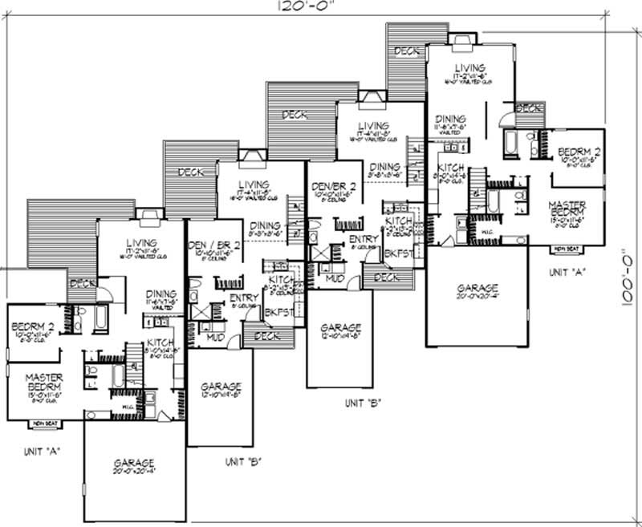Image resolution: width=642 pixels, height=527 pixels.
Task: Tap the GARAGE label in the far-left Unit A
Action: coord(133,464)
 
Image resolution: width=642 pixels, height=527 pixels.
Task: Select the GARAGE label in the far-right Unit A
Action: coord(477,288)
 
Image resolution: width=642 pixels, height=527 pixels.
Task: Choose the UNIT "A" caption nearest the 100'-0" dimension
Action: coord(567,272)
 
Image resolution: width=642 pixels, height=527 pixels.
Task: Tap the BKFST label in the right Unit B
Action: coord(398,253)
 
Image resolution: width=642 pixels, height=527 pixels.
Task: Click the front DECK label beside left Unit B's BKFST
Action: coord(265,337)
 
